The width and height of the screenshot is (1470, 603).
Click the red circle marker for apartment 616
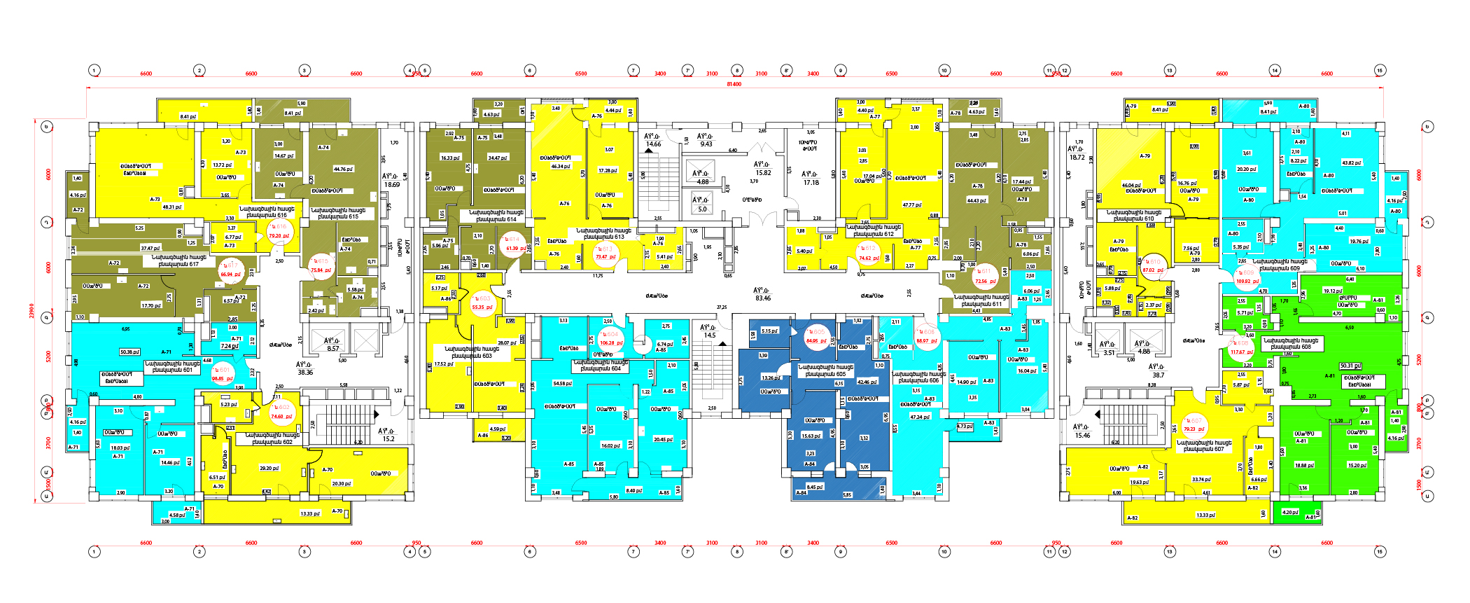point(279,231)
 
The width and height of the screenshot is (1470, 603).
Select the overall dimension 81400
point(734,84)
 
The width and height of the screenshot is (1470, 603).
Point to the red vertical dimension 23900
point(31,310)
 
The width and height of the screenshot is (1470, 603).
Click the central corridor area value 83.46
point(762,298)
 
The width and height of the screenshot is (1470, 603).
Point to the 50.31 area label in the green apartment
point(1350,366)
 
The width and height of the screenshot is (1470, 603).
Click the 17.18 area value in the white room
point(811,182)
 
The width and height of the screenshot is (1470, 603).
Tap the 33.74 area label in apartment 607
point(1201,480)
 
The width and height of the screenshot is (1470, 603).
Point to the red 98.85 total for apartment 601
point(222,378)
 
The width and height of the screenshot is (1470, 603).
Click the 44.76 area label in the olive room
point(343,169)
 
